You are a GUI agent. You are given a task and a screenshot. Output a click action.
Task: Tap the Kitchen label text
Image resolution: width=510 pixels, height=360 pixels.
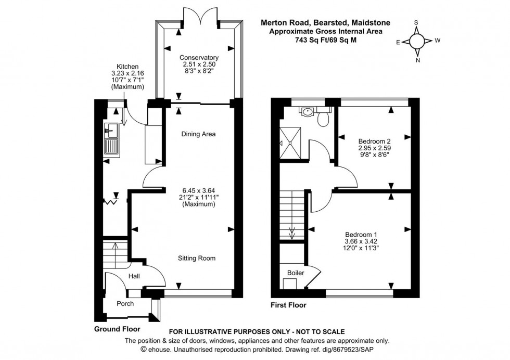click(x=127, y=67)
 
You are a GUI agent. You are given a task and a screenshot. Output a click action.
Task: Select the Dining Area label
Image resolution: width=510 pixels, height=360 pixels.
click(x=198, y=134)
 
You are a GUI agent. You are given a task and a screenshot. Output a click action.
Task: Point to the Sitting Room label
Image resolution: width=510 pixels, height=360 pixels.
click(x=197, y=258)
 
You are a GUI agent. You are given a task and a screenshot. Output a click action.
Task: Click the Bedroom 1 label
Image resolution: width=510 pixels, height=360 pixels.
click(x=360, y=234)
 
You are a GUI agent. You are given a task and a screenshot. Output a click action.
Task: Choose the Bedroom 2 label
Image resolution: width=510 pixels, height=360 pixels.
click(x=374, y=141)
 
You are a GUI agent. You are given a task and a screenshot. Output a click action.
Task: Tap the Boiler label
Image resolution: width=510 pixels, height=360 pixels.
click(x=295, y=273)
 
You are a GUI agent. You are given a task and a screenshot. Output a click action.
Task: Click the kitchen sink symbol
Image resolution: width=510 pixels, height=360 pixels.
click(x=111, y=140)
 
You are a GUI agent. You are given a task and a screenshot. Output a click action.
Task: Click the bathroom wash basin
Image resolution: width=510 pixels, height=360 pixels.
click(x=308, y=110)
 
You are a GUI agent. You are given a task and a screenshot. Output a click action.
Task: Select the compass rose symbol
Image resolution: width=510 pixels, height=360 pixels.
click(x=416, y=42)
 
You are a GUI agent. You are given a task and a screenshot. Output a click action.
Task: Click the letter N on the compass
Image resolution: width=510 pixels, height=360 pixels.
click(x=417, y=60)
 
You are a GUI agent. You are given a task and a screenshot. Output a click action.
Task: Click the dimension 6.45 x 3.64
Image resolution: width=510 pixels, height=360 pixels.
click(x=198, y=190)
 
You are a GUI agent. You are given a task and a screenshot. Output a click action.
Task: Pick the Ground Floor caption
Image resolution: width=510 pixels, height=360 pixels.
click(x=117, y=329)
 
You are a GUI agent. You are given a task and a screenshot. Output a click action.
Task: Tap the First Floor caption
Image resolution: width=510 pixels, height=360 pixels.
click(x=288, y=305)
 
